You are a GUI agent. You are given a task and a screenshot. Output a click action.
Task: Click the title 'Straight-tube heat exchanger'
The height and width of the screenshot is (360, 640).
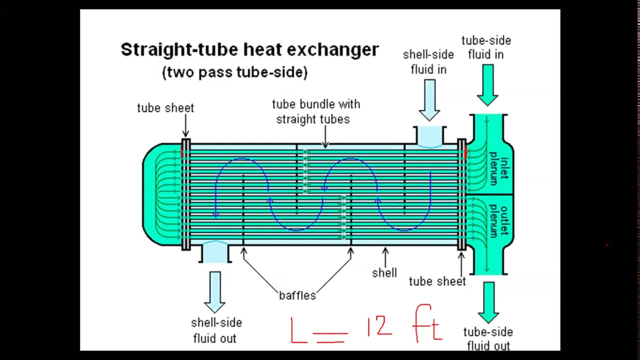tap(249, 50)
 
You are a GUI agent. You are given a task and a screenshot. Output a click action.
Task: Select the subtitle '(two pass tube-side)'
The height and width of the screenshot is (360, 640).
tap(234, 72)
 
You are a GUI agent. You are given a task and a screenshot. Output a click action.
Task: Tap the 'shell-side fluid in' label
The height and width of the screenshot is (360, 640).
tap(428, 62)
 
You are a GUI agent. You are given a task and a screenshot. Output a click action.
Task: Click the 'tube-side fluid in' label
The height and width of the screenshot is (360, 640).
tap(485, 47)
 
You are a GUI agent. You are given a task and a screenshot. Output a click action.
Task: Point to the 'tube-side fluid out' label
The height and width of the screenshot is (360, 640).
tap(487, 338)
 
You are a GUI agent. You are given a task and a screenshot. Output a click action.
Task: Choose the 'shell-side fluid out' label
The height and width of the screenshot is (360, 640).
tap(216, 330)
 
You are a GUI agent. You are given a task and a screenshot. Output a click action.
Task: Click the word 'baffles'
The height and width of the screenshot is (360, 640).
tap(297, 295)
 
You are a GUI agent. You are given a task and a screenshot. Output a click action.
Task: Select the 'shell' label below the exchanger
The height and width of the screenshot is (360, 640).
tap(384, 273)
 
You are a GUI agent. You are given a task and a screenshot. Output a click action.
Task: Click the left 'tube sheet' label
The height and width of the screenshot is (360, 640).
tap(165, 108)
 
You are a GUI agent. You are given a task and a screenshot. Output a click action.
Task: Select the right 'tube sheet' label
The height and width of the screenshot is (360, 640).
tap(437, 281)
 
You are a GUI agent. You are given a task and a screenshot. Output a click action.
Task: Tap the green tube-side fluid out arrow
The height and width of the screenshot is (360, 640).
tap(488, 302)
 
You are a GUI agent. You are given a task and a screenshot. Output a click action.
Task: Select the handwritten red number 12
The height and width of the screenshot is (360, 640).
tap(379, 326)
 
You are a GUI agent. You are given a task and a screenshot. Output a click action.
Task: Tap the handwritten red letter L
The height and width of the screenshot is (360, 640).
tap(299, 330)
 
